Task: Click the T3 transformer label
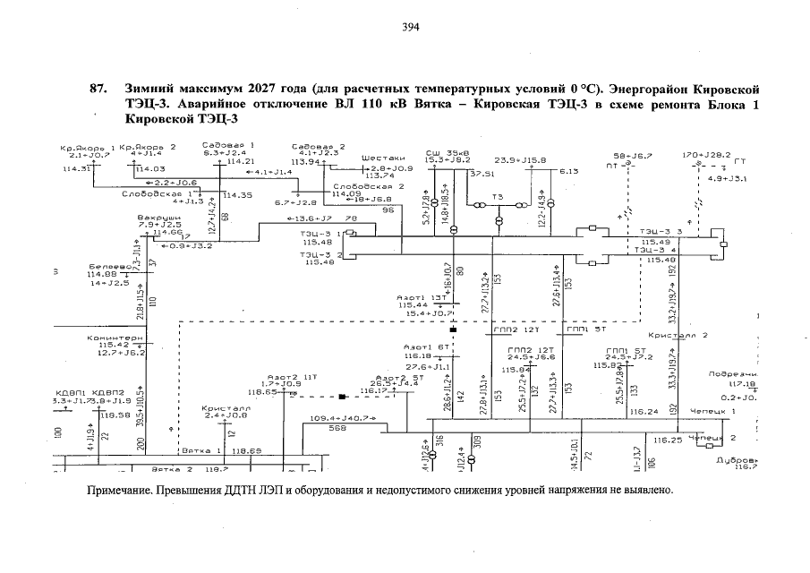pos(498,196)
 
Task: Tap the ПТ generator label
pos(611,165)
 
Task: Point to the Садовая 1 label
pos(228,145)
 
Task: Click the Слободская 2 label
pos(369,186)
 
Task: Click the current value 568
pos(337,428)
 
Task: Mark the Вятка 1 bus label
pos(201,451)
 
